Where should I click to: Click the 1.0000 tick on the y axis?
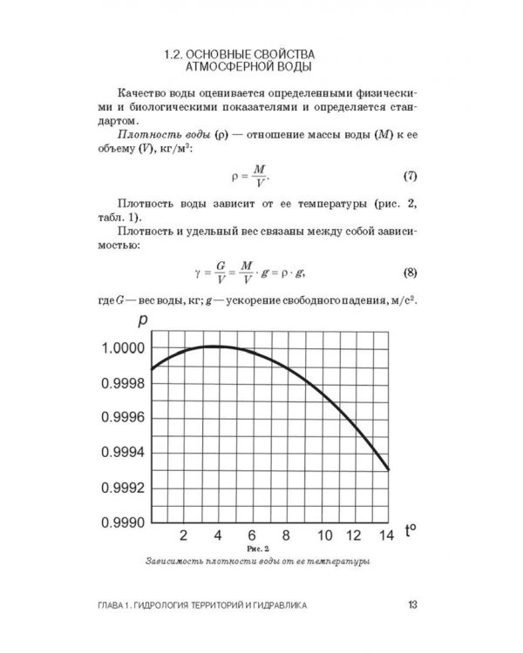(119, 348)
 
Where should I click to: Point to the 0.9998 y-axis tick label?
(119, 382)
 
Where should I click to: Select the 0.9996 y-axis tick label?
(119, 417)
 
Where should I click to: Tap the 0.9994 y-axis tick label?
(119, 452)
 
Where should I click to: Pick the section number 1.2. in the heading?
(179, 52)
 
